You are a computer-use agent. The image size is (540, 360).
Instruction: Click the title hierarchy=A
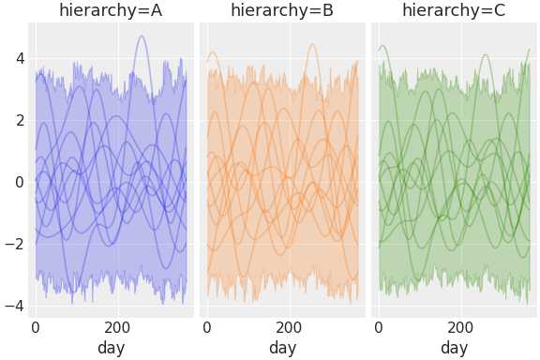(111, 11)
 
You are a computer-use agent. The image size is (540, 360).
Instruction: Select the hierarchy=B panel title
(282, 11)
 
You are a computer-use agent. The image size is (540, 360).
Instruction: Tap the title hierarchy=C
(454, 11)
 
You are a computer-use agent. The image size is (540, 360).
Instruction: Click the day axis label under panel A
(111, 349)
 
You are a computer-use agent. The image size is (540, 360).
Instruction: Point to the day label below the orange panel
(282, 349)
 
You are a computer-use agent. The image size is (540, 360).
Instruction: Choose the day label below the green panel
(454, 349)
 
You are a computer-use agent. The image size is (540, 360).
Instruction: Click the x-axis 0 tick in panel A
(36, 328)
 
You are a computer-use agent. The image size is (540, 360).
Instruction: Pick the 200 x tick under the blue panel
(117, 328)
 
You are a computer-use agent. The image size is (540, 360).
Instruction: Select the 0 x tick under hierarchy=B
(207, 328)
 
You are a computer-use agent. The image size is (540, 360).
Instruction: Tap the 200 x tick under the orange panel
(289, 328)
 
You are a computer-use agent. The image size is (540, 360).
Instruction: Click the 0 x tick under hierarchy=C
(379, 328)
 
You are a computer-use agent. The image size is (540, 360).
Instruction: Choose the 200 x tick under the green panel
(460, 328)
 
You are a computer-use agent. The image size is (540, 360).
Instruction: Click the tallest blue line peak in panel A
(142, 37)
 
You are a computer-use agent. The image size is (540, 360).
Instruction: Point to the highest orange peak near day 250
(312, 44)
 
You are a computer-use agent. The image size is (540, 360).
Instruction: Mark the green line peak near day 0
(382, 45)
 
